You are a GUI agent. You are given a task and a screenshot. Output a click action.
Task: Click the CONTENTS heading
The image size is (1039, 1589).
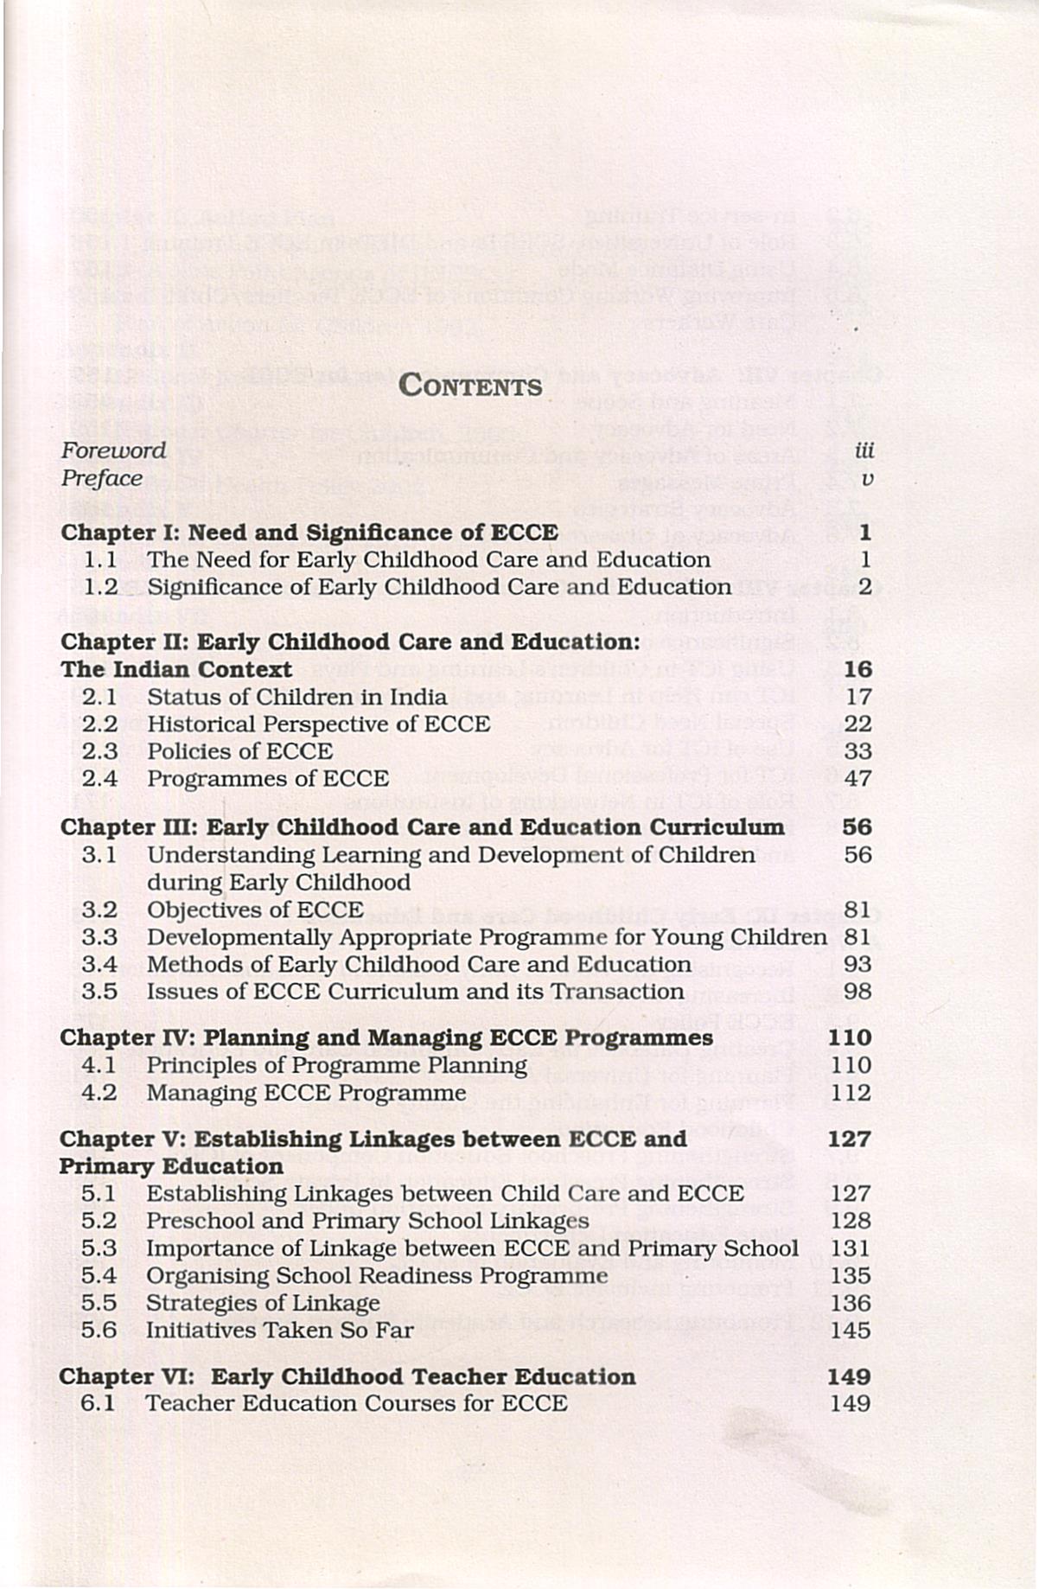click(x=471, y=386)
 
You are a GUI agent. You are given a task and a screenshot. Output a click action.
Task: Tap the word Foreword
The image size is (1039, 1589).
click(x=113, y=450)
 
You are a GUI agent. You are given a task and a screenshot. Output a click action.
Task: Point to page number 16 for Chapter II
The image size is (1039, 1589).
click(x=857, y=669)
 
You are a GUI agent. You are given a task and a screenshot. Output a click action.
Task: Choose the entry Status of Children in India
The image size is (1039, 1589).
click(x=296, y=697)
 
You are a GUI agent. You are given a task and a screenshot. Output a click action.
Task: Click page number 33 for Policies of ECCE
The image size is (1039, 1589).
click(x=857, y=751)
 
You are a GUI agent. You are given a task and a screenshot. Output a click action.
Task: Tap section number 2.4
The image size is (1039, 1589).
click(x=99, y=778)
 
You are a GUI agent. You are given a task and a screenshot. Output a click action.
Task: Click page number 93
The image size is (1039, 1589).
click(x=857, y=964)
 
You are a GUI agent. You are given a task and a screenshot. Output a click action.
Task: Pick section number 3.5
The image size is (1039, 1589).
click(x=99, y=992)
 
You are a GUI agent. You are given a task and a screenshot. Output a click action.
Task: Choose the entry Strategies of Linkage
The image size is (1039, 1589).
click(x=263, y=1303)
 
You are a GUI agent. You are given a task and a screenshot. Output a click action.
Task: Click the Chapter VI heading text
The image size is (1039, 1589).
click(x=347, y=1376)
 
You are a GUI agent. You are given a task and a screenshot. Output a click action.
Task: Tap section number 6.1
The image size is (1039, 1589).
click(x=98, y=1403)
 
